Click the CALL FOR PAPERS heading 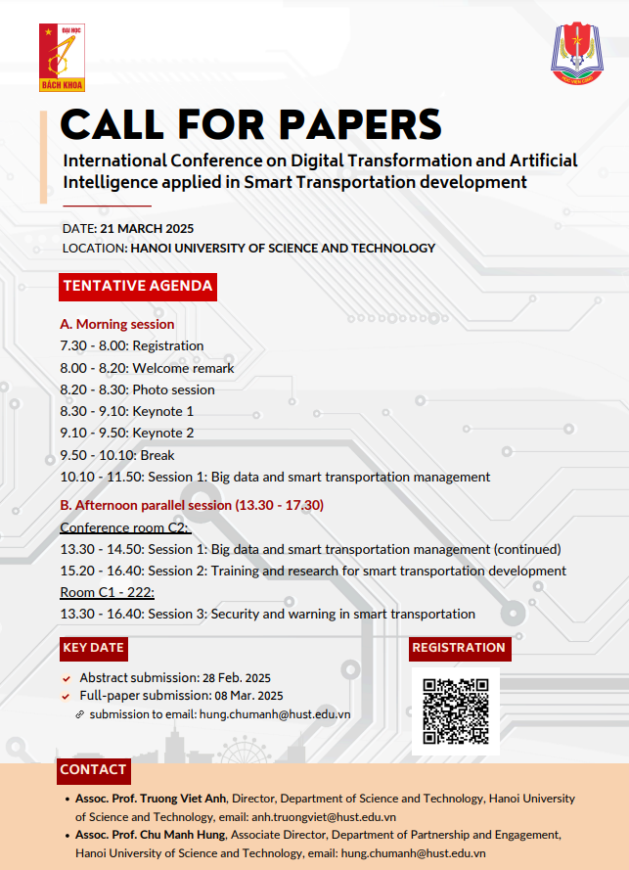250,124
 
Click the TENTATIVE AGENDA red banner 138,287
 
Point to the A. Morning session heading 117,324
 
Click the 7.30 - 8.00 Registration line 132,345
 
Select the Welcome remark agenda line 147,368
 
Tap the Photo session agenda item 137,389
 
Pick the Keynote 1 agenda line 126,411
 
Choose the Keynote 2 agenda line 126,433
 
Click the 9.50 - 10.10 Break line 117,455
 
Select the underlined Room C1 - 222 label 108,592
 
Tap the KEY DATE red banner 93,648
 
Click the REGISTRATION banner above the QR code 459,648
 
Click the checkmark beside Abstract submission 67,678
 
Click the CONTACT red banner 93,770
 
